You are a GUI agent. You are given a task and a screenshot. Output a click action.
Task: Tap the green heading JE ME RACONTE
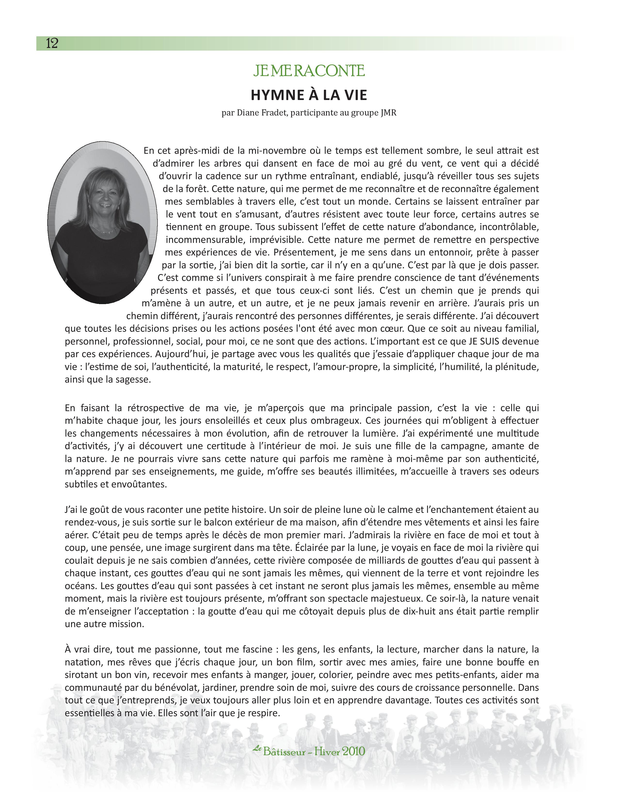(x=309, y=71)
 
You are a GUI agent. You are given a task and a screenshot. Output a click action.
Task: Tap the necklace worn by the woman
(x=104, y=229)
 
